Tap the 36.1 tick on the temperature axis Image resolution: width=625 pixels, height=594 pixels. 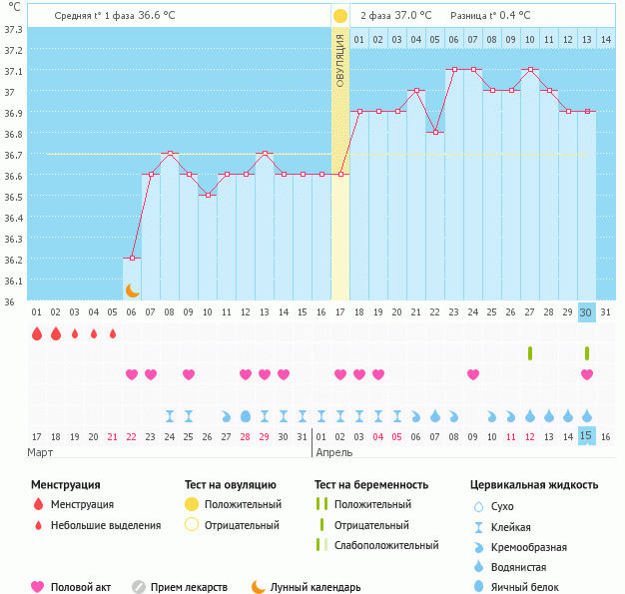tap(13, 281)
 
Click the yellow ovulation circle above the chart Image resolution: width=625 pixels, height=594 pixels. tap(340, 16)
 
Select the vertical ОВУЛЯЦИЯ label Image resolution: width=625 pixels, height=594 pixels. tap(340, 60)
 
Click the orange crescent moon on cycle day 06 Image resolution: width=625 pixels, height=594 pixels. tap(132, 290)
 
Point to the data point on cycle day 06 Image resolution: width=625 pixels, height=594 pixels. tap(132, 259)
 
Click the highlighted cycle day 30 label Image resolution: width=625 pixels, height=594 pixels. tap(587, 311)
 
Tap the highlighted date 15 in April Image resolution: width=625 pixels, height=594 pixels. tap(587, 436)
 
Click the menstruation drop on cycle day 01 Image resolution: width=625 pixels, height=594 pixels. tap(37, 333)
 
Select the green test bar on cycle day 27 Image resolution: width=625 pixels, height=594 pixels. tap(530, 353)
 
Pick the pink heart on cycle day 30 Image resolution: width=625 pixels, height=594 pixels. tap(587, 374)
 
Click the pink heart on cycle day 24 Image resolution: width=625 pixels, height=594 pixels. tap(473, 374)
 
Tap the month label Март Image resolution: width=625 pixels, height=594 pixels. tap(41, 452)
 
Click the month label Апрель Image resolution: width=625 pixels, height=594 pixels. tap(333, 452)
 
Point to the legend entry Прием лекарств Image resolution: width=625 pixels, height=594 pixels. tap(189, 587)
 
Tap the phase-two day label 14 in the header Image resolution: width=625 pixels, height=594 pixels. tap(606, 39)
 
